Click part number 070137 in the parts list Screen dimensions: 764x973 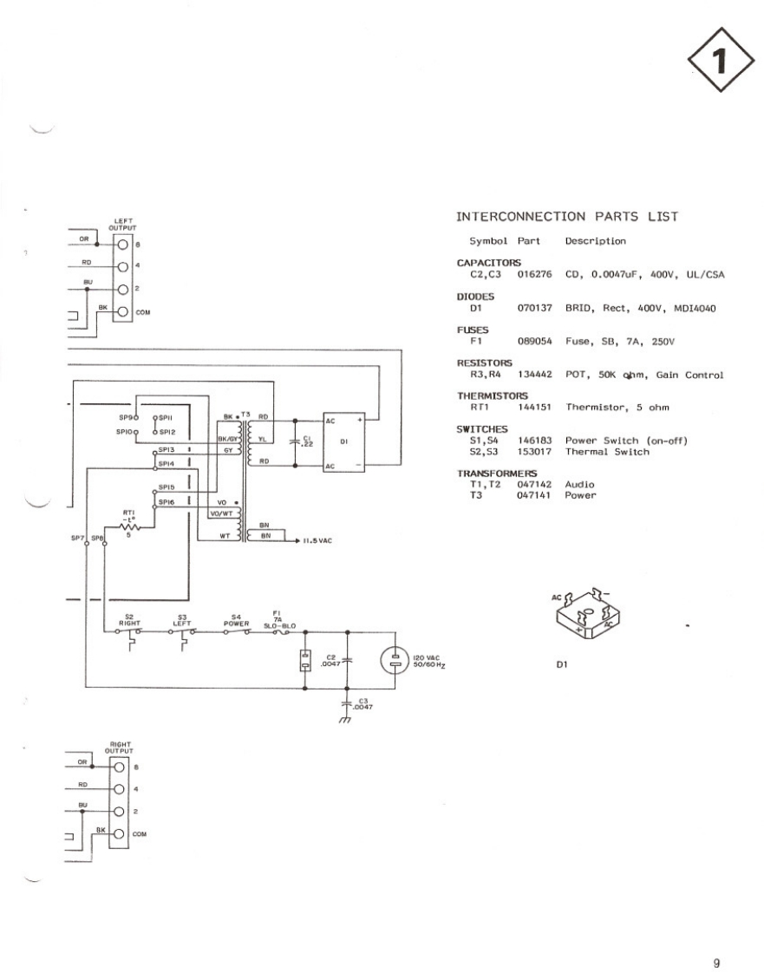click(x=534, y=308)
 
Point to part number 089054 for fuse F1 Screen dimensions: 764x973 click(x=534, y=342)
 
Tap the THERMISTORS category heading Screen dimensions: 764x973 click(x=493, y=395)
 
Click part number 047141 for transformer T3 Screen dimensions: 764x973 click(x=534, y=495)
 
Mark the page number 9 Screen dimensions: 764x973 click(x=716, y=938)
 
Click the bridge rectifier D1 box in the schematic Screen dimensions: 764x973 click(x=344, y=442)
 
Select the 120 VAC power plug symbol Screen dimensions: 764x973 click(x=395, y=661)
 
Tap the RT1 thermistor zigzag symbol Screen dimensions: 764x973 click(x=129, y=526)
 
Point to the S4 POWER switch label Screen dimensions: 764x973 click(x=236, y=620)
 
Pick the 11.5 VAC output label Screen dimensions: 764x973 click(x=317, y=540)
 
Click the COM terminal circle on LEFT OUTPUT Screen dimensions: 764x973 click(x=122, y=311)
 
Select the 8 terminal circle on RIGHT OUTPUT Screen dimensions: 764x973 click(x=121, y=767)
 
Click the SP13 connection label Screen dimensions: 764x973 click(x=166, y=450)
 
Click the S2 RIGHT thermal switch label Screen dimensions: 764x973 click(x=128, y=620)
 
